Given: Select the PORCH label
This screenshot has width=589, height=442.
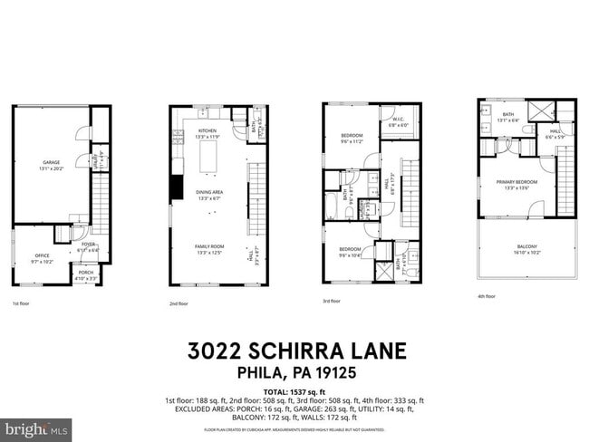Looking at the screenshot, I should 86,274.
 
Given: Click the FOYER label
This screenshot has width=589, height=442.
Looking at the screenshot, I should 88,246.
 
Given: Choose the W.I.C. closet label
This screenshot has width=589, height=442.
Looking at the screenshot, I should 398,120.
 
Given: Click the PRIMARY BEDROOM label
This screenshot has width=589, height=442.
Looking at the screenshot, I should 517,184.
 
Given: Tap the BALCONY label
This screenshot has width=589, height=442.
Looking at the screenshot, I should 526,247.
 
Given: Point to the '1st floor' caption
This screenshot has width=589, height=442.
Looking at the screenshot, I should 21,303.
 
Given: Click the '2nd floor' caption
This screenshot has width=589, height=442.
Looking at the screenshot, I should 179,303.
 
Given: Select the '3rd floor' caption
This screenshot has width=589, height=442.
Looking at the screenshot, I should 332,301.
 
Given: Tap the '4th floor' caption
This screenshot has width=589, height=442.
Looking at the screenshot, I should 487,296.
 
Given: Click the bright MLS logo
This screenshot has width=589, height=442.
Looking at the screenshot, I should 36,428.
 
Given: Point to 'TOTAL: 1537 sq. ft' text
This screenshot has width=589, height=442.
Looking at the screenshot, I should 294,391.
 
